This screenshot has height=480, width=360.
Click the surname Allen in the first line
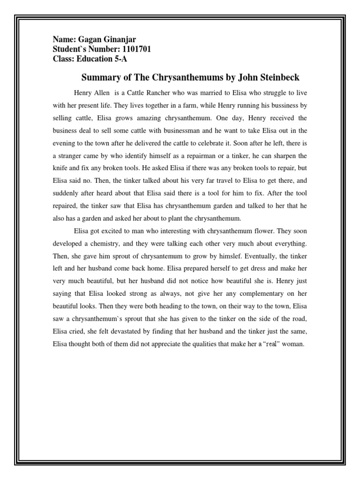click(103, 93)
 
